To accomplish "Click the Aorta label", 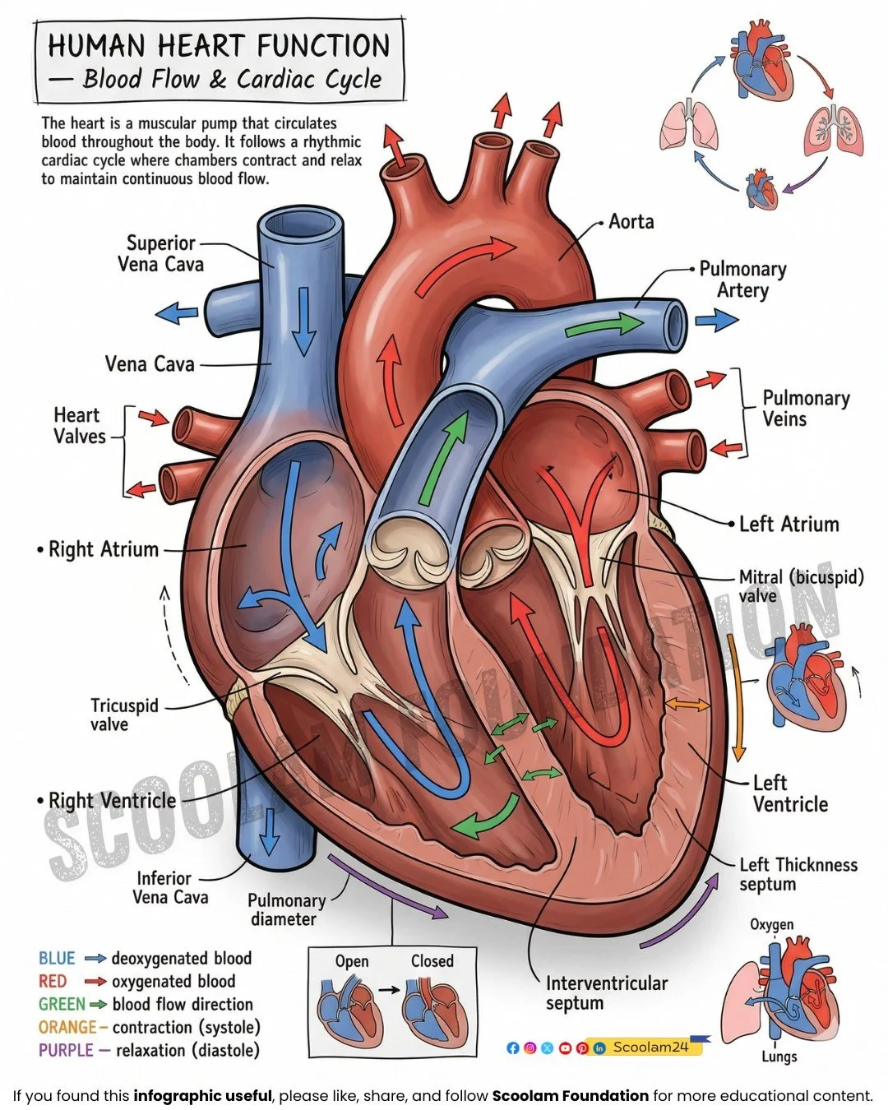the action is (x=631, y=222).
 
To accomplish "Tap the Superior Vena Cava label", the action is (x=160, y=253).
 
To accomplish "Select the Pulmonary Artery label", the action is (x=742, y=280).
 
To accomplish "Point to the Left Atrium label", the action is (x=789, y=525).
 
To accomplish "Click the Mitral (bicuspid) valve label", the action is (x=800, y=585).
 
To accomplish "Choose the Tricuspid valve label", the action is (x=124, y=715).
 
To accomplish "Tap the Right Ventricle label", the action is (x=112, y=801).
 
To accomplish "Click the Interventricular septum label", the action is (x=606, y=993).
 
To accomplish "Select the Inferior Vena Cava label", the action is (x=170, y=888).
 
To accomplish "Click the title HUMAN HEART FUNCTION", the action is (x=219, y=46).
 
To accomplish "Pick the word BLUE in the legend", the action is (x=57, y=959).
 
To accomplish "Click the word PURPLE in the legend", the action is (x=65, y=1051).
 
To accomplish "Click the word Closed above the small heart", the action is (x=432, y=961).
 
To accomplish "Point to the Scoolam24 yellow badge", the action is (x=650, y=1048).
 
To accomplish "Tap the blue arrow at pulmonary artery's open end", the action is (x=717, y=319).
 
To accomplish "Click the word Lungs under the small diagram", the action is (x=778, y=1057).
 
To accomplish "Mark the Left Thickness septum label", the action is (x=798, y=874).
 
